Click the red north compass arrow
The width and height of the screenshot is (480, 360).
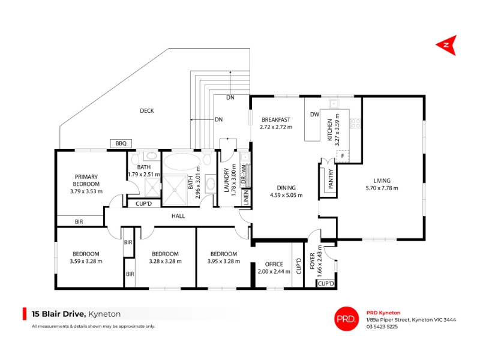click(448, 46)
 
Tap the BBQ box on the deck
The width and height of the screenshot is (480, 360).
click(121, 143)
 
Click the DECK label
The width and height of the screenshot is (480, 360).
click(147, 111)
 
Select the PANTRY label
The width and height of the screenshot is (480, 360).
click(331, 179)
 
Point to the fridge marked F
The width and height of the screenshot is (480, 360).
click(343, 156)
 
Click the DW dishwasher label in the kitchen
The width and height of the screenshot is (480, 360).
click(314, 115)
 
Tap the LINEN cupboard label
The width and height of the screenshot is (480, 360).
click(246, 198)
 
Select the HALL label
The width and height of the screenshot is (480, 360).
click(178, 216)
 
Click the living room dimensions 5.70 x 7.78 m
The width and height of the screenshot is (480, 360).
click(382, 188)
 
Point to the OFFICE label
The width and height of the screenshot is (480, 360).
click(274, 264)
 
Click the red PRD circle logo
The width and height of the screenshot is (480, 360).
click(346, 319)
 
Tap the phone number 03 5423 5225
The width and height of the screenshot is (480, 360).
click(382, 326)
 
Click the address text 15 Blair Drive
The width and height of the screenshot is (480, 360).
click(59, 314)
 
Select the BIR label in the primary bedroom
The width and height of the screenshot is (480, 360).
click(79, 221)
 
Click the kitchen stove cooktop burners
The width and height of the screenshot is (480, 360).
click(355, 123)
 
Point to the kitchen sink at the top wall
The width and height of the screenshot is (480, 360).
click(334, 104)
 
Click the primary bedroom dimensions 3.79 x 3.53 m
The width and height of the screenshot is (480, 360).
click(86, 191)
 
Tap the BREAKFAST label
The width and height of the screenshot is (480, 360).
click(276, 119)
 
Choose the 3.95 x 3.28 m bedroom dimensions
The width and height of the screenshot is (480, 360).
click(224, 262)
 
